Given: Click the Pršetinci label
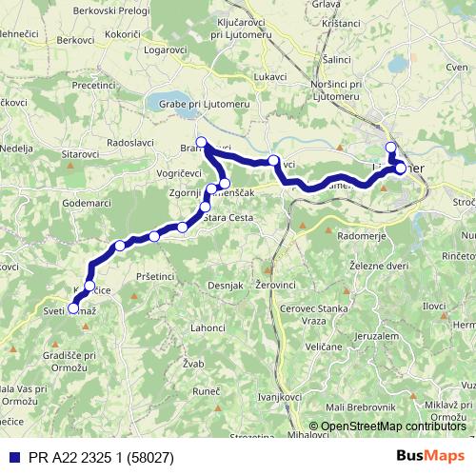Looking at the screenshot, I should [x=155, y=276].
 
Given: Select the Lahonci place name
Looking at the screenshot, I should [x=208, y=327].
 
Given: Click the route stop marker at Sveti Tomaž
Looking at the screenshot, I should [x=73, y=308].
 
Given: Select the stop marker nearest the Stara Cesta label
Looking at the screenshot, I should [x=205, y=208].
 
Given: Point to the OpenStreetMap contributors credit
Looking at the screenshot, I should [x=392, y=426].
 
